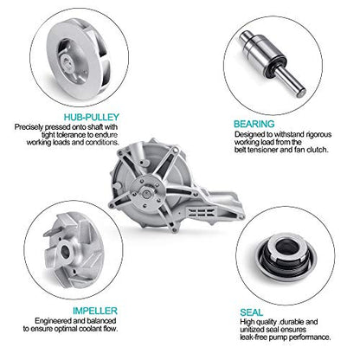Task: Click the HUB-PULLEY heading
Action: coord(92,117)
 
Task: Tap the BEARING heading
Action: coord(254,124)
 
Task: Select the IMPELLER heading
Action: coord(95,311)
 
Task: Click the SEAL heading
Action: coord(252,312)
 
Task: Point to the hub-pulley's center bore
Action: coord(67,61)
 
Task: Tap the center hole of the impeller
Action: coord(66,252)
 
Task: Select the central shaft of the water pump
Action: coord(146,193)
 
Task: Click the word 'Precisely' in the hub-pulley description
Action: coord(29,127)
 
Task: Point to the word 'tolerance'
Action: coord(70,135)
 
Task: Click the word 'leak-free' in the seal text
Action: coord(253,337)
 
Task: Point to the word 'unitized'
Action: coord(252,330)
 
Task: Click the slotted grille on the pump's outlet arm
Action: coord(202,214)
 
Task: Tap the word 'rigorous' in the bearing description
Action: coord(318,134)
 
